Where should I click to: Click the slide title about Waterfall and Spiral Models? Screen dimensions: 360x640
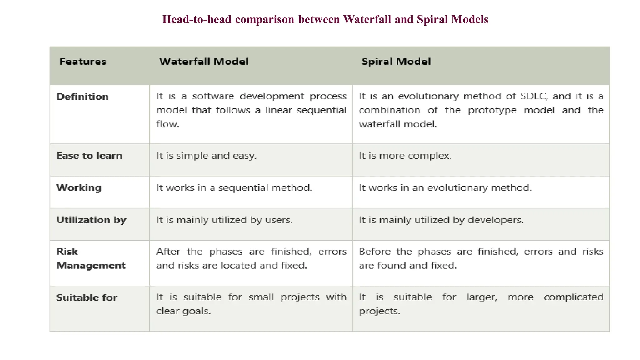[x=325, y=19]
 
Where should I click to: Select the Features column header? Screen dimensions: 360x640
[x=83, y=62]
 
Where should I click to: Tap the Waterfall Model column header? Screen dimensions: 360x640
[x=204, y=62]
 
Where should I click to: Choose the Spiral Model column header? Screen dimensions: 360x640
[x=396, y=62]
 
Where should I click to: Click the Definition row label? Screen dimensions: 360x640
[x=82, y=97]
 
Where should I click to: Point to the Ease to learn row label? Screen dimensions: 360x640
[x=89, y=156]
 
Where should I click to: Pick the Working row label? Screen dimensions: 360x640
[x=79, y=188]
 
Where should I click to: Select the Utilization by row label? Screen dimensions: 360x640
[x=91, y=220]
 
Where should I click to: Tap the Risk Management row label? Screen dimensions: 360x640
[x=91, y=258]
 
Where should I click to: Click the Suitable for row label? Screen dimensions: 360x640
[x=87, y=297]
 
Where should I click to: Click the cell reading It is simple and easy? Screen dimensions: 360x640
[x=206, y=156]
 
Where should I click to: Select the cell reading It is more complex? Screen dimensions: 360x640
[x=405, y=156]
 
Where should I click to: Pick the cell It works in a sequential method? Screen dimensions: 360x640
[x=234, y=188]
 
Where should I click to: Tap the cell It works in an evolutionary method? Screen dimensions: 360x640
[x=445, y=188]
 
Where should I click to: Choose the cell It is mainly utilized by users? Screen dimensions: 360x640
[x=224, y=220]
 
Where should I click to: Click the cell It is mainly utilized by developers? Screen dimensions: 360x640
[x=441, y=220]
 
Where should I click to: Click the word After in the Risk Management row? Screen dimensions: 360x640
[x=168, y=252]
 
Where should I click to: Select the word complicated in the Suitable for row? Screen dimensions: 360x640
[x=573, y=297]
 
